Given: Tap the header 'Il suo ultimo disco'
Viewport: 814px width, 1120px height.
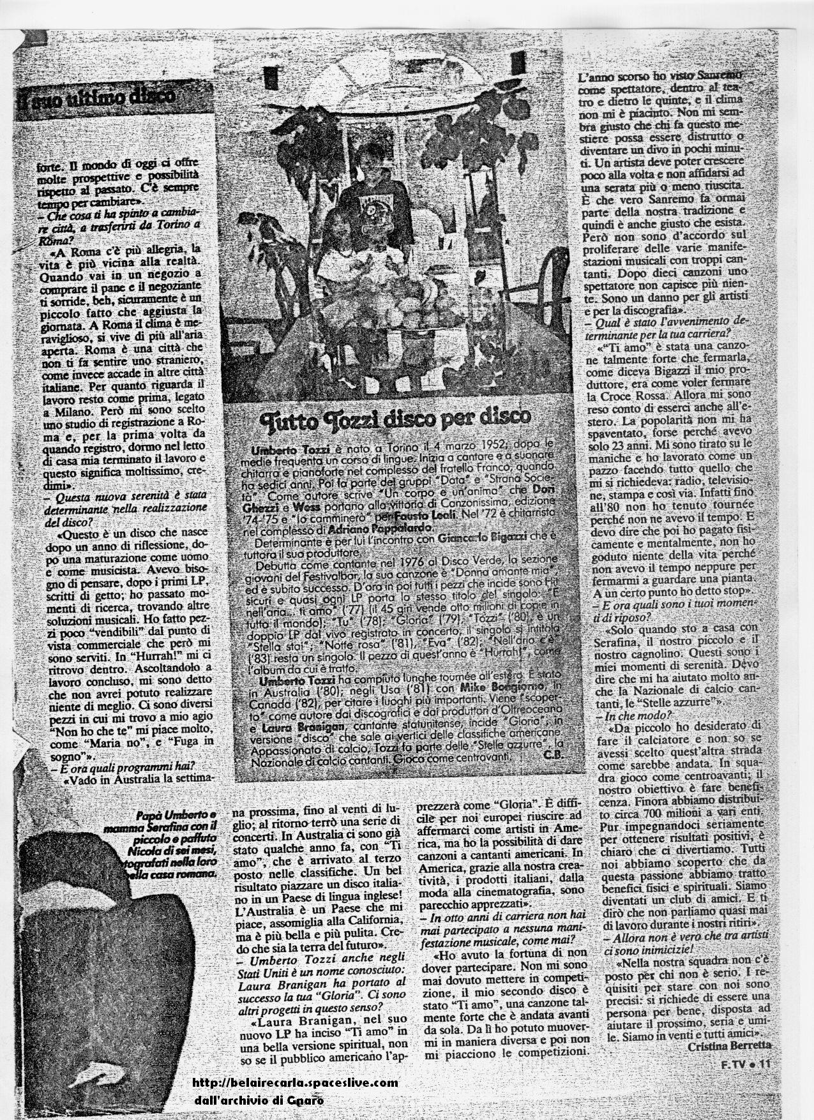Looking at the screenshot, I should [x=96, y=98].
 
